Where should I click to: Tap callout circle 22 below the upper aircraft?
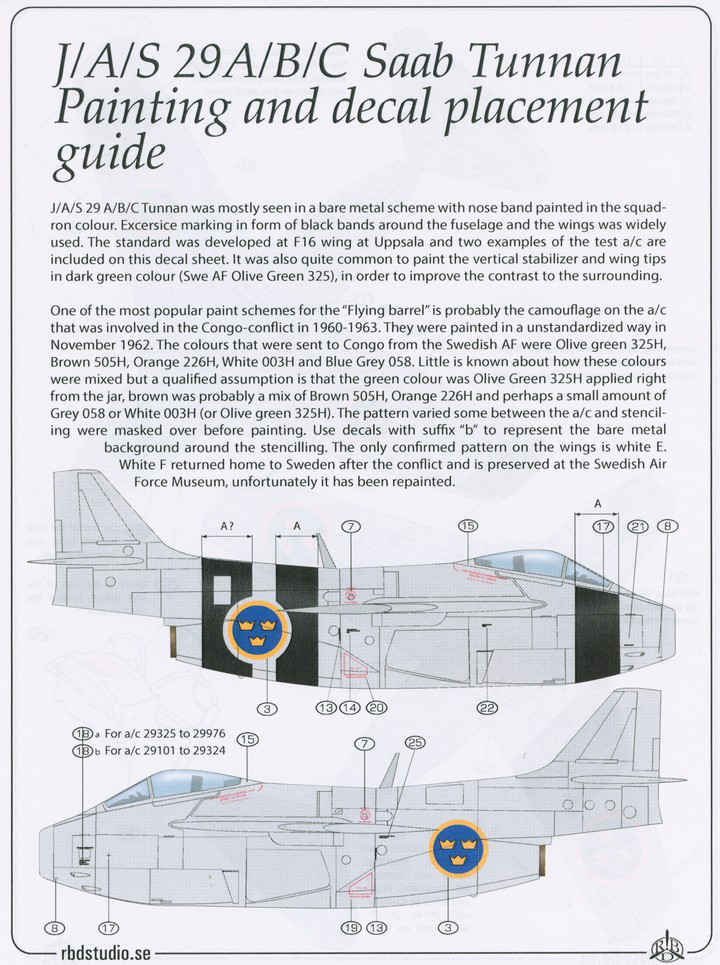coord(487,708)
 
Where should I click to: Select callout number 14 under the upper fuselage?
coord(350,708)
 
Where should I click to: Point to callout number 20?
coord(375,708)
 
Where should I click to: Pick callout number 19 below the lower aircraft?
coord(350,927)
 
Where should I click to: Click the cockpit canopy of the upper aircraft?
coord(520,566)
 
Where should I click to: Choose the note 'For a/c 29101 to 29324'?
coord(167,751)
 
